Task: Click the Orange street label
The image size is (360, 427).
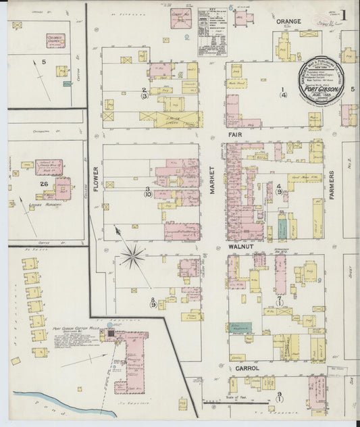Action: coord(288,22)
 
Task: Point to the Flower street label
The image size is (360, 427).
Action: coord(95,178)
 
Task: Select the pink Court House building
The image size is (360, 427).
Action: coord(180,18)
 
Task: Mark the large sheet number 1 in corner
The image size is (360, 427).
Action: coord(344,15)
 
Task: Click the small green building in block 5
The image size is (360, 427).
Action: coord(67,84)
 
